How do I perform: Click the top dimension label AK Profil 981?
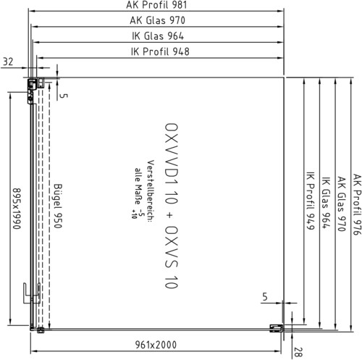click(x=156, y=5)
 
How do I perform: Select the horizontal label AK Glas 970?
click(x=157, y=20)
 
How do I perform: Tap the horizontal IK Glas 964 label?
click(x=158, y=36)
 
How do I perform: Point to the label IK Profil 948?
click(x=160, y=51)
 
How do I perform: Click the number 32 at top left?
click(x=8, y=62)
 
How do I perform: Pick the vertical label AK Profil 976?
click(x=357, y=204)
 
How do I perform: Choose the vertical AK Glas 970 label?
click(x=342, y=204)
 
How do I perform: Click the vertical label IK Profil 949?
click(x=311, y=201)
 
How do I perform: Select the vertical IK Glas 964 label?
click(x=326, y=203)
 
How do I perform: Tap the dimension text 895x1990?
click(x=17, y=209)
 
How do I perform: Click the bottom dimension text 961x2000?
click(x=156, y=345)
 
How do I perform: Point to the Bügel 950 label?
click(x=58, y=206)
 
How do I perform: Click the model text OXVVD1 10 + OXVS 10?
click(x=172, y=206)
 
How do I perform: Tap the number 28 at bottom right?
click(x=298, y=352)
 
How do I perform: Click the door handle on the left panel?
click(x=32, y=293)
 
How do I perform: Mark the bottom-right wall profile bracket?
click(x=277, y=328)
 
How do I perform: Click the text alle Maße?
click(x=138, y=186)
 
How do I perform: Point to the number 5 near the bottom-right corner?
click(x=265, y=296)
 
